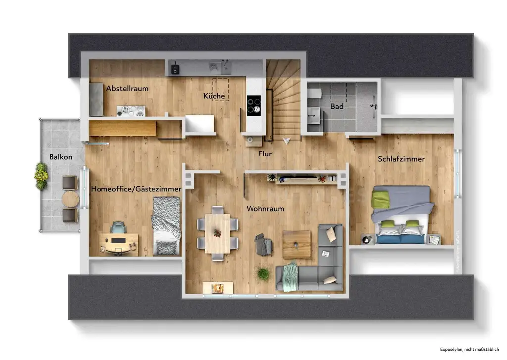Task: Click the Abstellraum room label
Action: coord(127,89)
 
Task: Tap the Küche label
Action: coord(214,96)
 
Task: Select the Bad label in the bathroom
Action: coord(337,106)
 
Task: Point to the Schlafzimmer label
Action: coord(401,159)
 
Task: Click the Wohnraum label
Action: coord(265,209)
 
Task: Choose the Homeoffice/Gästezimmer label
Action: coord(136,189)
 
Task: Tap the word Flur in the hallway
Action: coord(265,154)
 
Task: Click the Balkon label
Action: coord(60,157)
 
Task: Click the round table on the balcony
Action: coord(71,200)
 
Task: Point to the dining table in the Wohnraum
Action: coord(218,233)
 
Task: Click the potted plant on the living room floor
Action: coord(264,273)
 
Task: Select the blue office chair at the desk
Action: coord(118,228)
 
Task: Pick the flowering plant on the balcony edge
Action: coord(41,176)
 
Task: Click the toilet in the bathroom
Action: coord(315,93)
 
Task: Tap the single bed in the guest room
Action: coord(166,226)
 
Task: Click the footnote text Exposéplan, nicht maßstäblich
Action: coord(468,349)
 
